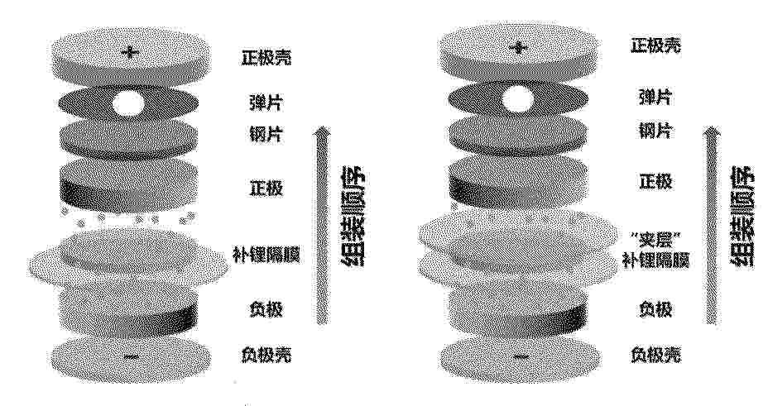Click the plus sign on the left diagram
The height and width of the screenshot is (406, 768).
click(130, 52)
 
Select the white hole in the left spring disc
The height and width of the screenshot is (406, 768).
click(129, 103)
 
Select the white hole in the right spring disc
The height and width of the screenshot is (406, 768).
click(518, 98)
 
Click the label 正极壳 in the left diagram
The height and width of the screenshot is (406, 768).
click(266, 58)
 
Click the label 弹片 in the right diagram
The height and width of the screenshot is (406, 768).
click(655, 98)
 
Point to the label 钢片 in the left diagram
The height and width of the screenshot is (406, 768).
click(265, 133)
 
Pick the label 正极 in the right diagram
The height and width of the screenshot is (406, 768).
click(655, 181)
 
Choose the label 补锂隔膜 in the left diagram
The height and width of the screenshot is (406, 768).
click(266, 256)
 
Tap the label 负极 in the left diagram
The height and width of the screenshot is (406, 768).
click(266, 309)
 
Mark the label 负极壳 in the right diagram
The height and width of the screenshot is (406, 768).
click(655, 355)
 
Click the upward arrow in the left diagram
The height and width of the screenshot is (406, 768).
click(322, 225)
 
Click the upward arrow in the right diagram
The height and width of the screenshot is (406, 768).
click(713, 225)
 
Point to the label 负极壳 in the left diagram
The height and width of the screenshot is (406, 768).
click(266, 355)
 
